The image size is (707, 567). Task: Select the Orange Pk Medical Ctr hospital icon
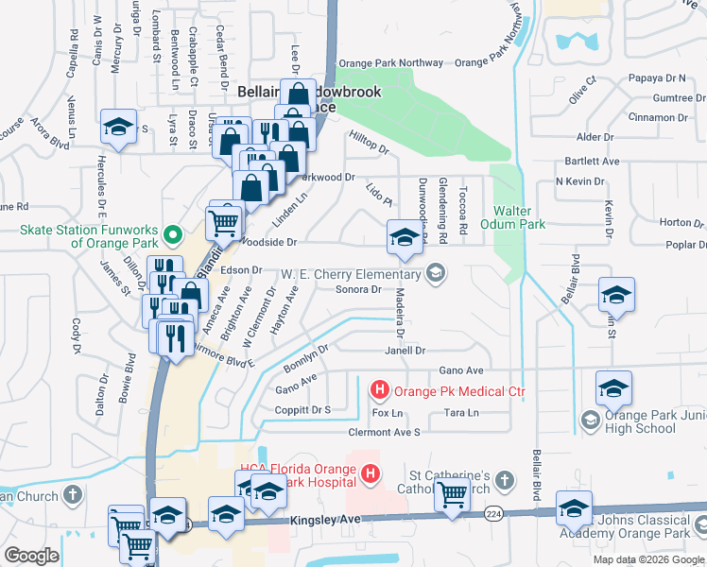coord(379,389)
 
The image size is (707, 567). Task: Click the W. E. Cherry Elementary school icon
coord(435,274)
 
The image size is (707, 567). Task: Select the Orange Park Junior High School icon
coord(591,419)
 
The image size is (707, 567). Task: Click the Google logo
coord(31,556)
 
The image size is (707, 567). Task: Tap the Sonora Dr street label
coord(358,290)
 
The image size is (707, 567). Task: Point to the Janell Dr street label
coord(405,350)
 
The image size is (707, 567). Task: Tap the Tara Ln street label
coord(461,413)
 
